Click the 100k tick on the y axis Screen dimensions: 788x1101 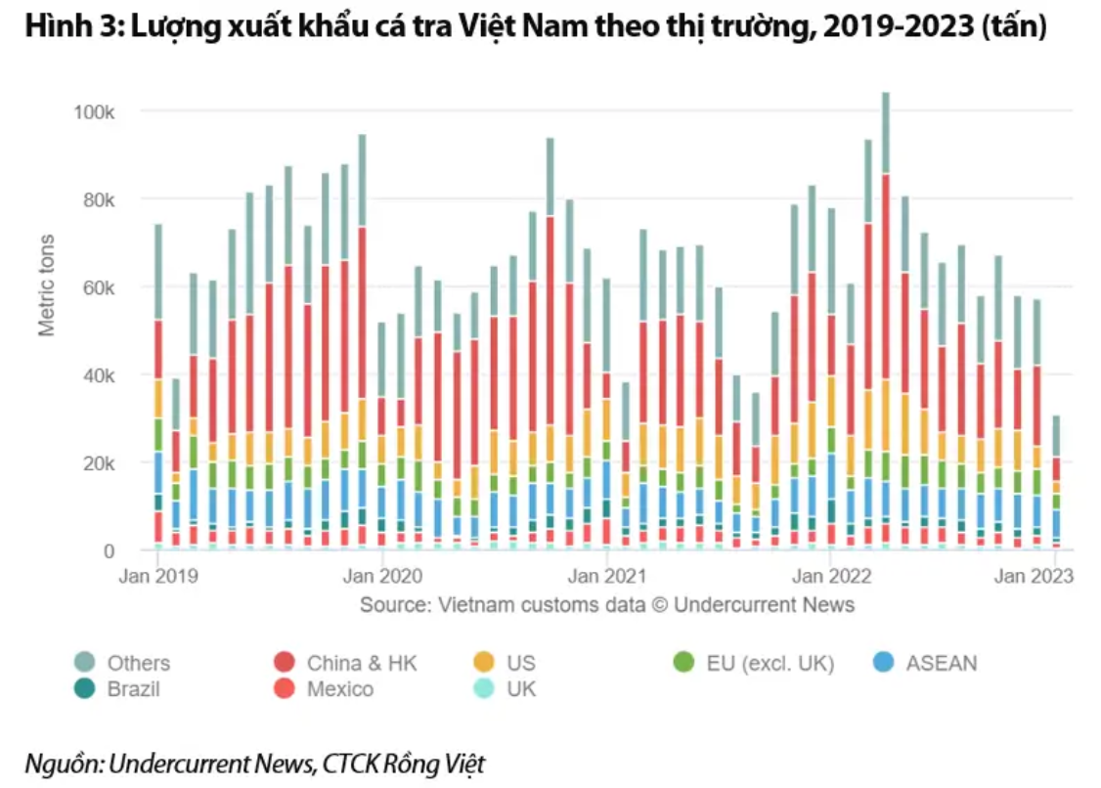point(95,111)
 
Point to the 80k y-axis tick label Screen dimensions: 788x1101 point(99,199)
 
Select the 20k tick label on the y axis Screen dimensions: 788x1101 point(99,462)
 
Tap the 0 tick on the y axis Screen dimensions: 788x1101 point(110,550)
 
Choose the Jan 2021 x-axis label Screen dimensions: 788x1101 point(606,576)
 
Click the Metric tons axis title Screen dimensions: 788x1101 point(47,284)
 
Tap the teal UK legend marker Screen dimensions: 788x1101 point(482,689)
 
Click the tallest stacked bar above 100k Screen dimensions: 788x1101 point(886,323)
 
